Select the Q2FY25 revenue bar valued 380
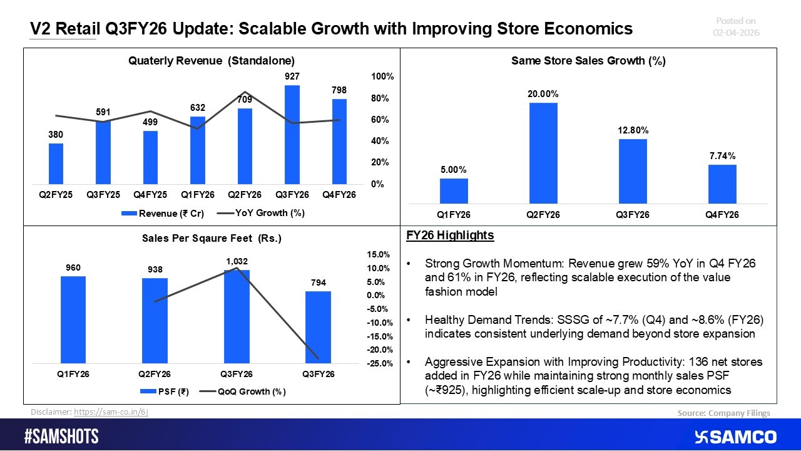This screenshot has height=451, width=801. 56,164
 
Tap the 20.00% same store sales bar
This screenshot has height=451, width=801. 543,153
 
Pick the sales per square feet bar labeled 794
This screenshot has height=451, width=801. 318,327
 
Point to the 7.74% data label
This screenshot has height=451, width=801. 722,155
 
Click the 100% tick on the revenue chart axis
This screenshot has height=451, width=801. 382,76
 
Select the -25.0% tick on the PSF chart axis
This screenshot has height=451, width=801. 379,363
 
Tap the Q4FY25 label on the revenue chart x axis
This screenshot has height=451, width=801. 150,195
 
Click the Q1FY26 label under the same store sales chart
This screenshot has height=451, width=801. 453,214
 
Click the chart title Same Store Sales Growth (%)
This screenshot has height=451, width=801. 588,61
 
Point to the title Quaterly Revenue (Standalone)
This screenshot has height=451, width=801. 211,61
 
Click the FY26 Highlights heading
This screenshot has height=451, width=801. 450,236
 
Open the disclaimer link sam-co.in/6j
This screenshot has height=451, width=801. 111,412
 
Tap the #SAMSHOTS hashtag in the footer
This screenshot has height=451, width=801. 61,437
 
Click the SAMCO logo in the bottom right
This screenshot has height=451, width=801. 735,437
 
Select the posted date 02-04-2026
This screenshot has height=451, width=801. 736,33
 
